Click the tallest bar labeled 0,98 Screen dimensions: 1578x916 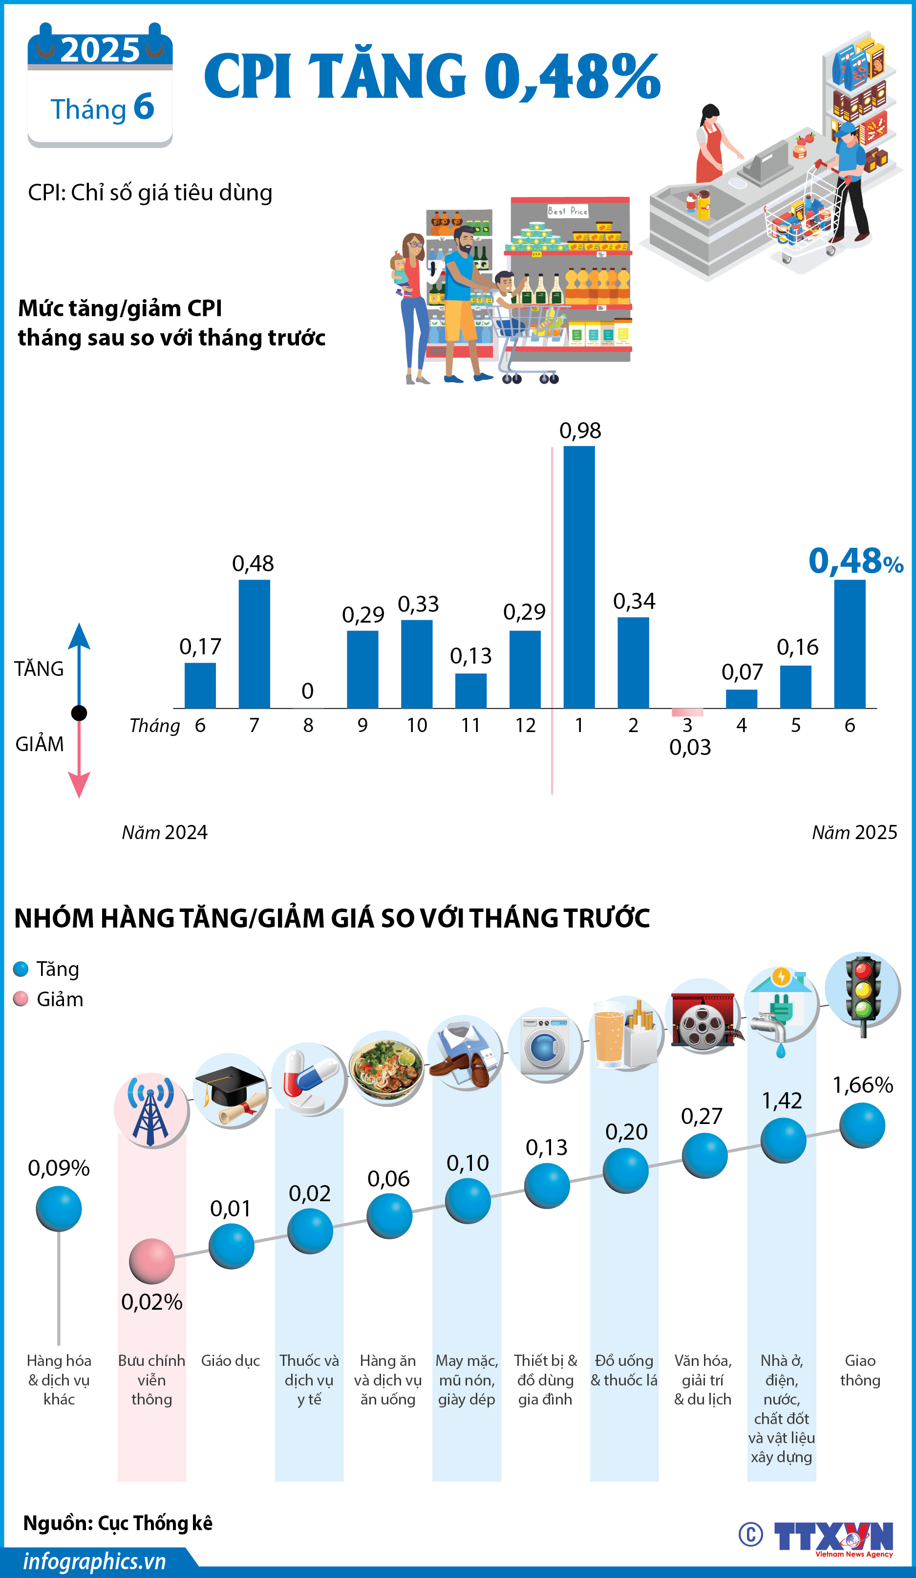pyautogui.click(x=578, y=577)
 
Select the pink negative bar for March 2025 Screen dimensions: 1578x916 pyautogui.click(x=687, y=712)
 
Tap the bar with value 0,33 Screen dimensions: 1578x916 pyautogui.click(x=416, y=664)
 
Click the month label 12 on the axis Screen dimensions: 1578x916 pyautogui.click(x=525, y=725)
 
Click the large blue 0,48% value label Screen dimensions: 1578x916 pyautogui.click(x=854, y=561)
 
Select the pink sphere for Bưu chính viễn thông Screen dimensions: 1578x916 pyautogui.click(x=151, y=1260)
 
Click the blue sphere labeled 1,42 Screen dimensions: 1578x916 pyautogui.click(x=783, y=1140)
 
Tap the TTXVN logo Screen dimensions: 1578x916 pyautogui.click(x=833, y=1536)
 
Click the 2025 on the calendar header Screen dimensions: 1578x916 pyautogui.click(x=100, y=50)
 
